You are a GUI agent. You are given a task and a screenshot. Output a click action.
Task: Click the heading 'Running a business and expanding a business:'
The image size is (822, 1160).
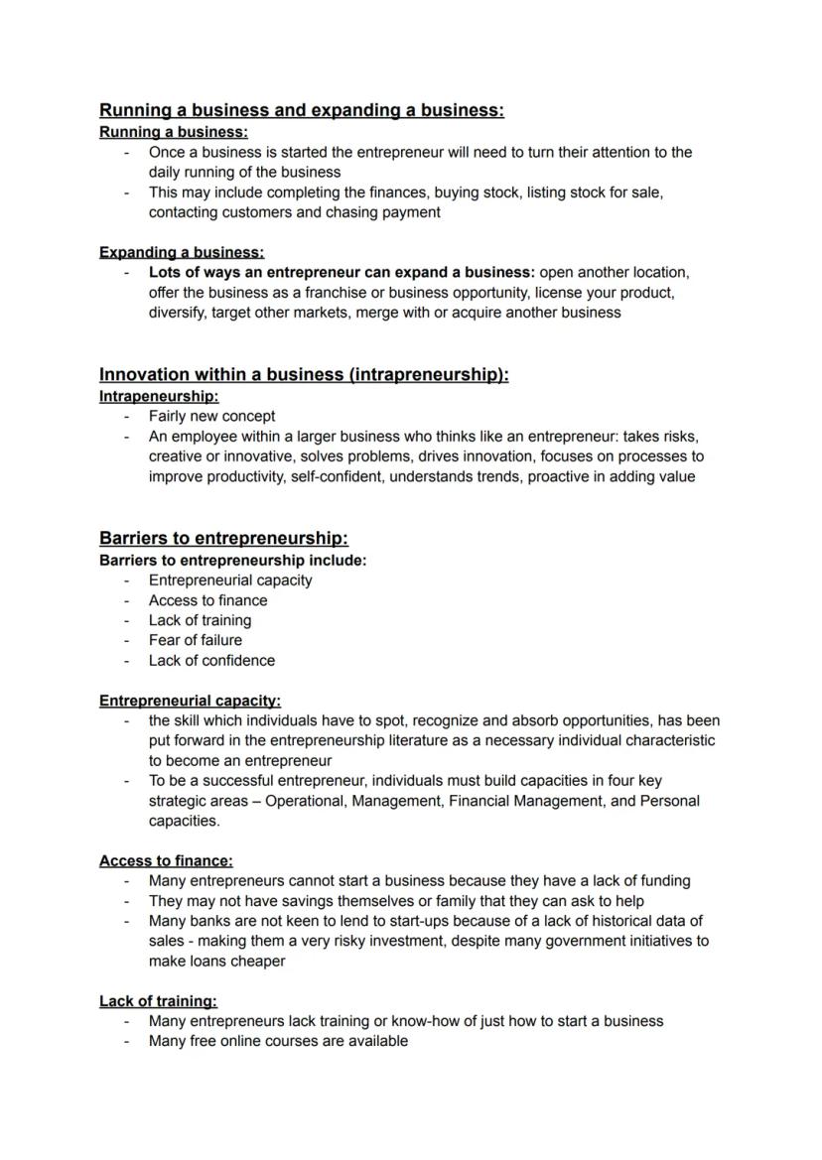click(x=301, y=110)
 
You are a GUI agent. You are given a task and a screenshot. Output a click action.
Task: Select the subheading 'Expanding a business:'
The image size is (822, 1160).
click(x=182, y=252)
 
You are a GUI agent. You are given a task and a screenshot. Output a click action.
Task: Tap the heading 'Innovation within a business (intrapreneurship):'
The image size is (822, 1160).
click(x=304, y=374)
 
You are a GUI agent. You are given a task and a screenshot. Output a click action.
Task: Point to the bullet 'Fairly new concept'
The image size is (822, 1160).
click(x=211, y=417)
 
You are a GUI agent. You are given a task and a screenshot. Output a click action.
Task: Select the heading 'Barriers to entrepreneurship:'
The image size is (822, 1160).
click(x=223, y=538)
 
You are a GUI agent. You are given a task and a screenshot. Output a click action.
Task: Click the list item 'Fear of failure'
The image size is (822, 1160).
click(x=195, y=640)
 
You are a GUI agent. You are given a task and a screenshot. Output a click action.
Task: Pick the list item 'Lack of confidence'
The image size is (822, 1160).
click(x=211, y=660)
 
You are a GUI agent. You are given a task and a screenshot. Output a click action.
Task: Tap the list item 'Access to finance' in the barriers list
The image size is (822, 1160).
click(x=207, y=600)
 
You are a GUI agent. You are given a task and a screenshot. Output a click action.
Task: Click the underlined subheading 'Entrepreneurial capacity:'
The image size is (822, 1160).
click(x=190, y=701)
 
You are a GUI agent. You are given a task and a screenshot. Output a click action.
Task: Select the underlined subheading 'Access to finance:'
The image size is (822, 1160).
click(x=166, y=860)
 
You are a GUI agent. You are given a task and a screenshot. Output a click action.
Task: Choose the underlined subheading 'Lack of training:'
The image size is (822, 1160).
click(x=158, y=1000)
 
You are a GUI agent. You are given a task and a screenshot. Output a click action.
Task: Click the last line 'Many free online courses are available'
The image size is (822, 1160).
click(x=278, y=1041)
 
